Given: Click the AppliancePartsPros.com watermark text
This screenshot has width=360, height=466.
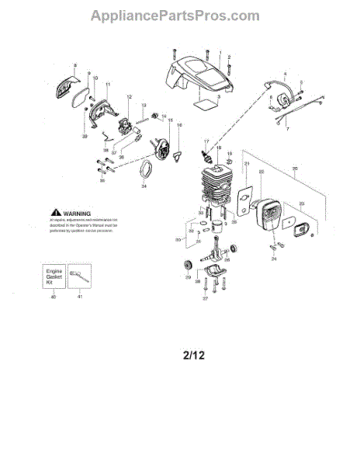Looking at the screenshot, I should click(175, 16).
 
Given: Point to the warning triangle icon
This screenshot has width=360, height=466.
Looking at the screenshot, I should click(54, 212).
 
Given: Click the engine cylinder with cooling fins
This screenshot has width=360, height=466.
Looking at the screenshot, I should click(209, 186).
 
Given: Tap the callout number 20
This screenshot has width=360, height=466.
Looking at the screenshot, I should click(294, 169).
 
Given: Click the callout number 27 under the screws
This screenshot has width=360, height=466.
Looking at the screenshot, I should click(206, 298).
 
